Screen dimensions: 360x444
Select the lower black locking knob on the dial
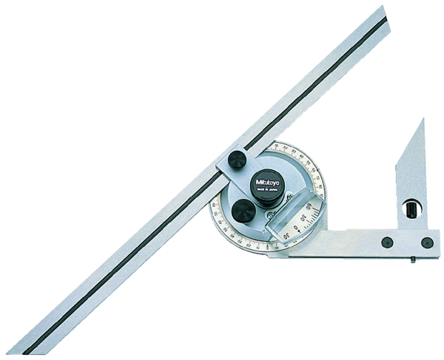click(243, 211)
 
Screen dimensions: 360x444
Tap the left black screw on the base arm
click(386, 242)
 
